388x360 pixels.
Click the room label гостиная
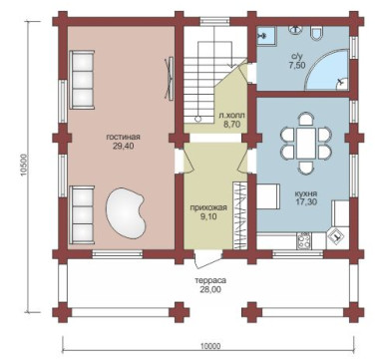[123, 137]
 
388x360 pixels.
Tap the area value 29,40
[123, 146]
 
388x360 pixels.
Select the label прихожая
[208, 208]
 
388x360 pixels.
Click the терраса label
[210, 280]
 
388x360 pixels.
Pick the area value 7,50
[297, 65]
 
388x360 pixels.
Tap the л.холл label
[231, 116]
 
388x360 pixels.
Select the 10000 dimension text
[210, 346]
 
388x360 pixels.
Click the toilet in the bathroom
[316, 33]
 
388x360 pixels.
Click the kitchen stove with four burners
[304, 240]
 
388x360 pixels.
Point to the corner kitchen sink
[337, 238]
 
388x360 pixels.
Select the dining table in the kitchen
[306, 144]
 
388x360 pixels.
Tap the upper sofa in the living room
[82, 80]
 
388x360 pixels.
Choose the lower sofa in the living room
[82, 215]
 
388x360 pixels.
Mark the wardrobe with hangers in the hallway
[239, 215]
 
